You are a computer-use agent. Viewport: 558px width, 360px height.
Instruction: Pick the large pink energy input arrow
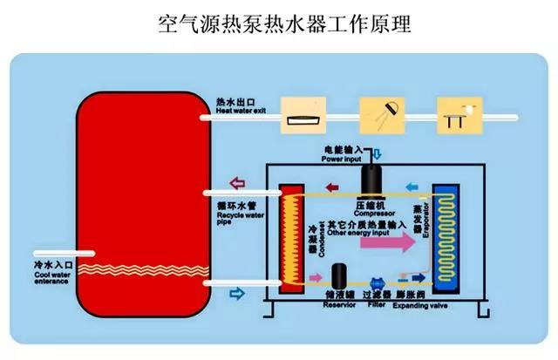pos(390,247)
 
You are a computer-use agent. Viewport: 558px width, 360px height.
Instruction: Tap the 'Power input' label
pos(344,159)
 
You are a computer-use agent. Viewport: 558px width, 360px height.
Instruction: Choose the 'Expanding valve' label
pos(407,305)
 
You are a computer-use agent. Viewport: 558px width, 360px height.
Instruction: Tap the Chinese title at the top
pos(278,23)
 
